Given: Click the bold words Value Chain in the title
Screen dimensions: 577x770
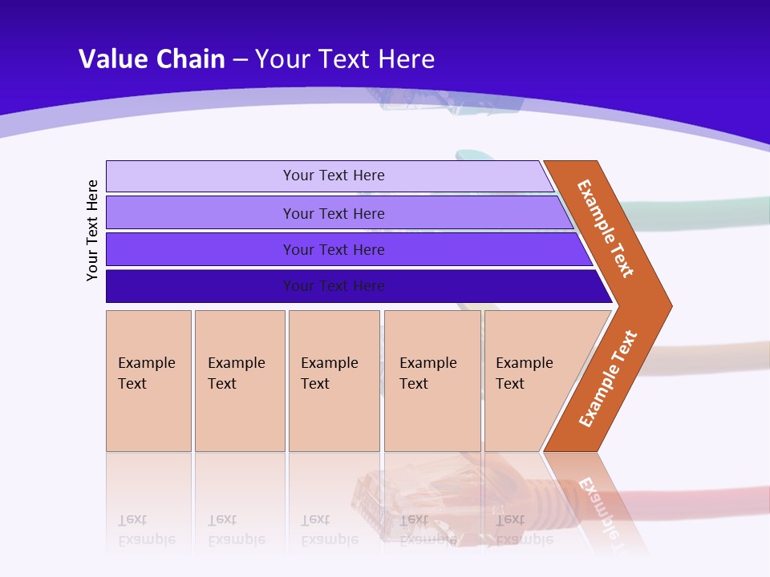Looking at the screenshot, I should tap(152, 59).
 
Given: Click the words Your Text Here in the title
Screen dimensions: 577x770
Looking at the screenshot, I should tap(345, 59).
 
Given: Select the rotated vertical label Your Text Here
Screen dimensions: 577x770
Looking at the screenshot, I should tap(92, 230).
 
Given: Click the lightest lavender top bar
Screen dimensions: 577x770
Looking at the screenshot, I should tap(201, 176).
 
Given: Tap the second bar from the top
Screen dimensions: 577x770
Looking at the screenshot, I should tap(201, 213).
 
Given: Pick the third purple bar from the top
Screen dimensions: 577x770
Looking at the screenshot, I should tap(201, 249).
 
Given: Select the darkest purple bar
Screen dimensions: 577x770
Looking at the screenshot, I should tap(201, 286).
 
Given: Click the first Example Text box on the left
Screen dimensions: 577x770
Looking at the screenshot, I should tap(148, 381).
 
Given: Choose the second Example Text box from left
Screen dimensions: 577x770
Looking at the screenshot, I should tap(240, 381).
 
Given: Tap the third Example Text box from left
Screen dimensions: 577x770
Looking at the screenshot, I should tap(334, 381).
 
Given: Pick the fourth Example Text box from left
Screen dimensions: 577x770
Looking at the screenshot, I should tap(432, 381).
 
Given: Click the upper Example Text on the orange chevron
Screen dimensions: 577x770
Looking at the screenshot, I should tap(606, 228).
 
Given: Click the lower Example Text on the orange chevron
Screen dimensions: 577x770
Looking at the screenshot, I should tap(608, 378).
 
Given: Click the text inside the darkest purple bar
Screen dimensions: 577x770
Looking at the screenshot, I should tap(334, 286).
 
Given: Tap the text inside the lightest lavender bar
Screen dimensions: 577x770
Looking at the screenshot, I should tap(334, 176).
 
